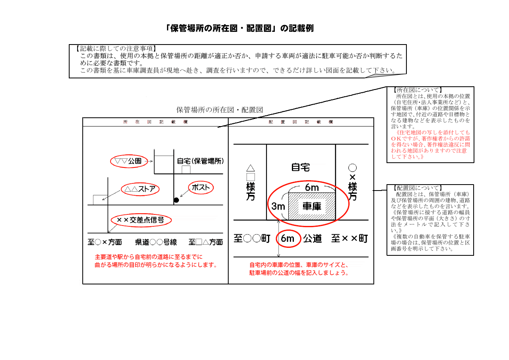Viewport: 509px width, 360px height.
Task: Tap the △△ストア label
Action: [140, 189]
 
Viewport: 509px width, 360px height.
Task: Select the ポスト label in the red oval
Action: [201, 188]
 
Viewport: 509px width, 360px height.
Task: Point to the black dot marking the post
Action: [176, 200]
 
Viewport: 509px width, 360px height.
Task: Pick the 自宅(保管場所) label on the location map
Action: [200, 161]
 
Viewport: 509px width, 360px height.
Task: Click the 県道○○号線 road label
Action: [156, 242]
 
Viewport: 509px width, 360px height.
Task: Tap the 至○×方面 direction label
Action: [105, 242]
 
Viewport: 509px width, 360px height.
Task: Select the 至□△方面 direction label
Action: [206, 242]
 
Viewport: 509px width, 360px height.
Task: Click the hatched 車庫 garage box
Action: [311, 206]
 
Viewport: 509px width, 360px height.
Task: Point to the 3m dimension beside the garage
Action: [278, 206]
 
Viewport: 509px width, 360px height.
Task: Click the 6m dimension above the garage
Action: [312, 187]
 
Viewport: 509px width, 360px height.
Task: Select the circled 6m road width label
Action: [288, 239]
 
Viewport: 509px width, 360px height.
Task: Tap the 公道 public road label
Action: [312, 239]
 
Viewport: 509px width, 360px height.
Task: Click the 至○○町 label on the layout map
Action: [252, 239]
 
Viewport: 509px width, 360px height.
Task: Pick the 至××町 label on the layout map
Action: [350, 239]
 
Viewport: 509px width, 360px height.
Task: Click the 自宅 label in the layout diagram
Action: [301, 167]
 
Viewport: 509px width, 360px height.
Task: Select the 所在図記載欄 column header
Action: [155, 122]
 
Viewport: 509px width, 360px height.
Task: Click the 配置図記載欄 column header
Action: [301, 122]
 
